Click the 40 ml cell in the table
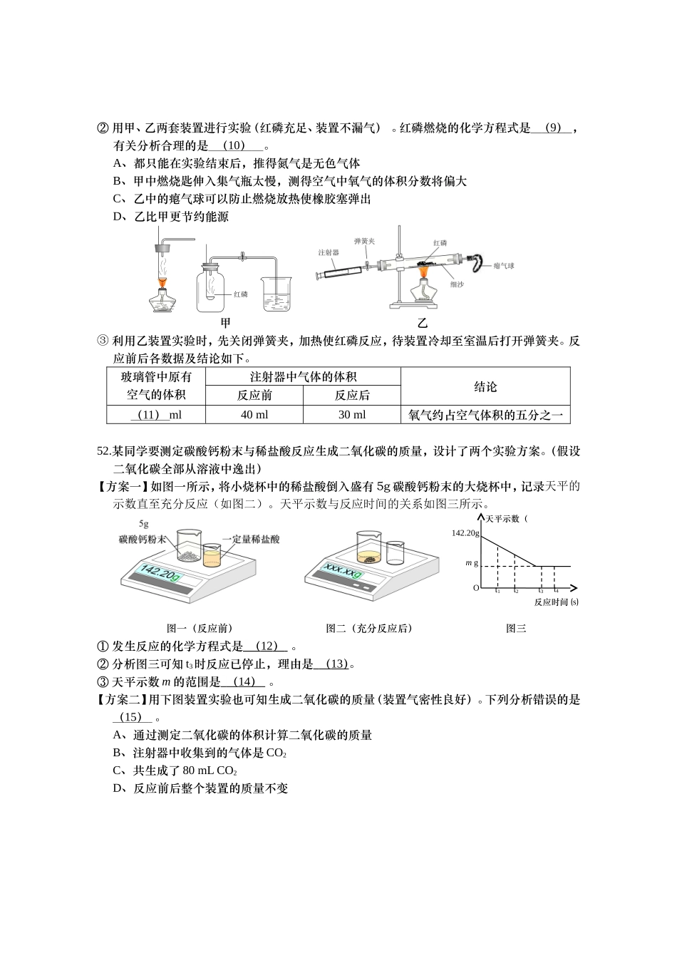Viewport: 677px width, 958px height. (254, 415)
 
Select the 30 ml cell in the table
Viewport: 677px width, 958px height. (352, 415)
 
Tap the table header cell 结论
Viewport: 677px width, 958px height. (485, 387)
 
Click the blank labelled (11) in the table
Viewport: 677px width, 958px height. (156, 415)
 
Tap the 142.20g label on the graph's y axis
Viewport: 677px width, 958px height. (465, 532)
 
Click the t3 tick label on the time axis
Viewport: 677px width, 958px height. (541, 591)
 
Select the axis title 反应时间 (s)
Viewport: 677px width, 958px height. (556, 602)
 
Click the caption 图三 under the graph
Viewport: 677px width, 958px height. (516, 628)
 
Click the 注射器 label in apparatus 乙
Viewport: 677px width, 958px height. (329, 252)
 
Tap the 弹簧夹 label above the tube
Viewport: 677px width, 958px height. (365, 241)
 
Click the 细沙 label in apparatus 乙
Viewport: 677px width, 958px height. (456, 284)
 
